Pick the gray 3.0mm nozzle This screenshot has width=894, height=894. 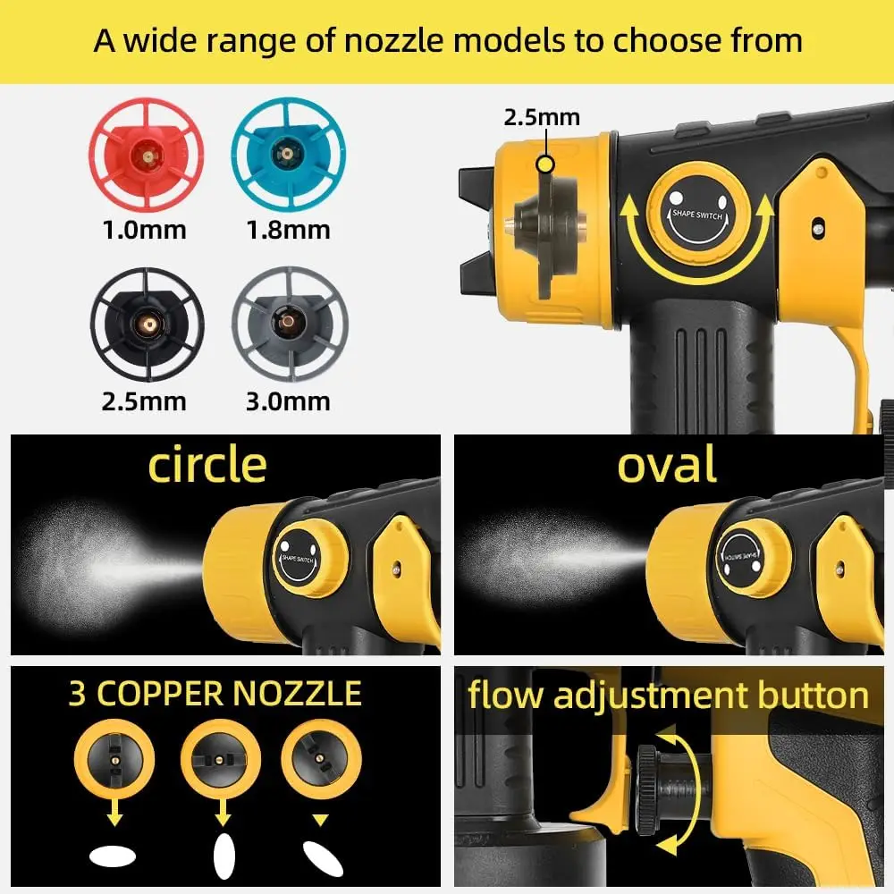tap(289, 323)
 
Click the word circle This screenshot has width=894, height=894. tap(207, 465)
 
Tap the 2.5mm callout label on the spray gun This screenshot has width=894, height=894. tap(542, 117)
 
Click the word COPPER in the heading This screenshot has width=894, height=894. tap(187, 694)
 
